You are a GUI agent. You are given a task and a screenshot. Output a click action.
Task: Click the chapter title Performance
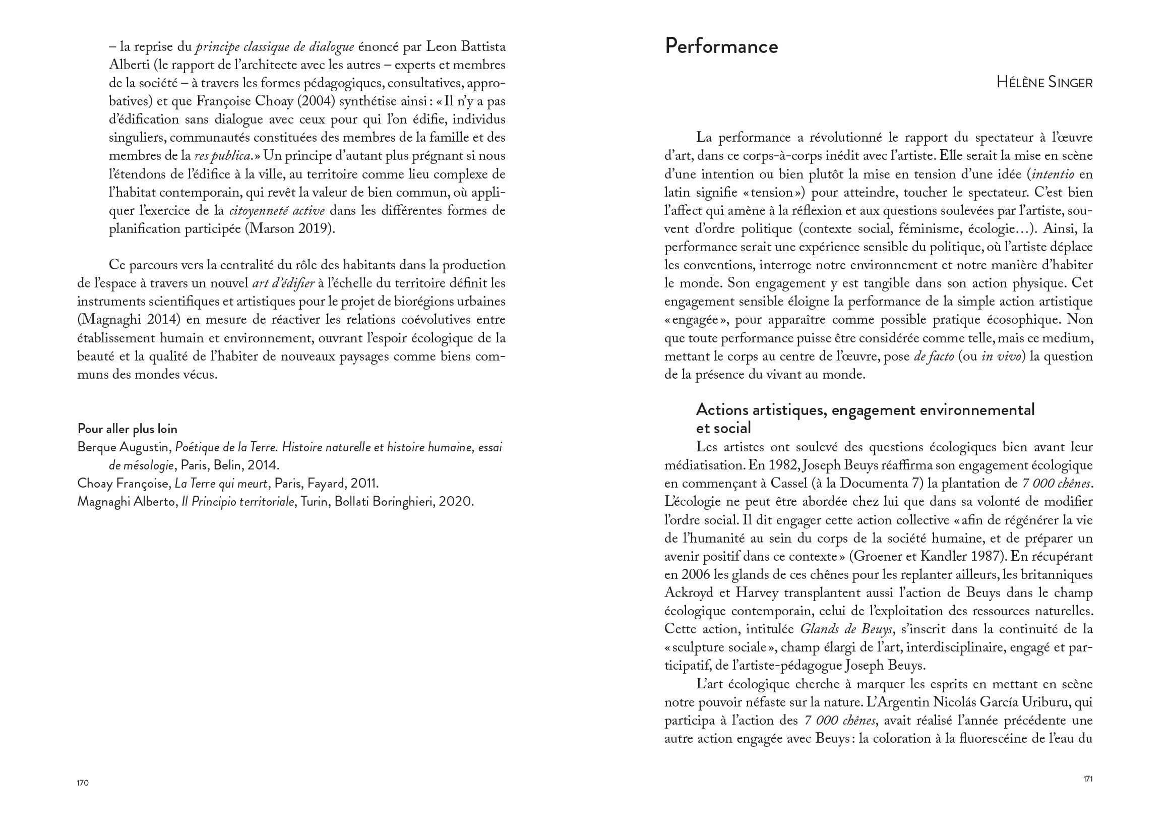[x=721, y=47]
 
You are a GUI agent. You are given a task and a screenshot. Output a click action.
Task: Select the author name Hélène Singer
[x=1044, y=83]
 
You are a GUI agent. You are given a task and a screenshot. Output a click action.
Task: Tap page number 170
[x=83, y=783]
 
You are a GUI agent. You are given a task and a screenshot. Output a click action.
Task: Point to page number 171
[x=1088, y=779]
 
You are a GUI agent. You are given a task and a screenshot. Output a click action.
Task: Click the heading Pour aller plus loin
[x=127, y=429]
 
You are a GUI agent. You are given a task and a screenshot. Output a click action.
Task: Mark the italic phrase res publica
[x=223, y=156]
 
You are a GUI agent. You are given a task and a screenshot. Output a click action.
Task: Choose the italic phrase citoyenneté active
[x=277, y=211]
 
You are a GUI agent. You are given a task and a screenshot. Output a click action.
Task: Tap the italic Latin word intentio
[x=1053, y=174]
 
